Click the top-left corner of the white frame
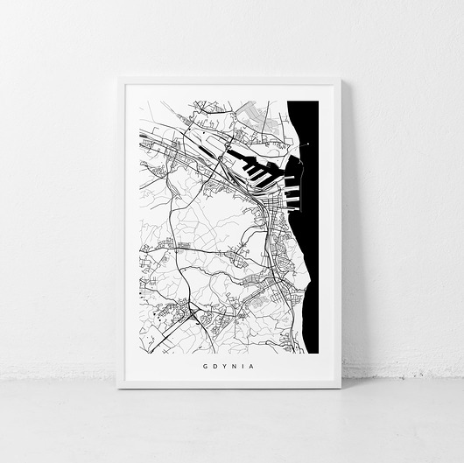click(x=118, y=78)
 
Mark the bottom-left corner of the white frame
click(x=118, y=387)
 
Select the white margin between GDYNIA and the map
click(x=229, y=359)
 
